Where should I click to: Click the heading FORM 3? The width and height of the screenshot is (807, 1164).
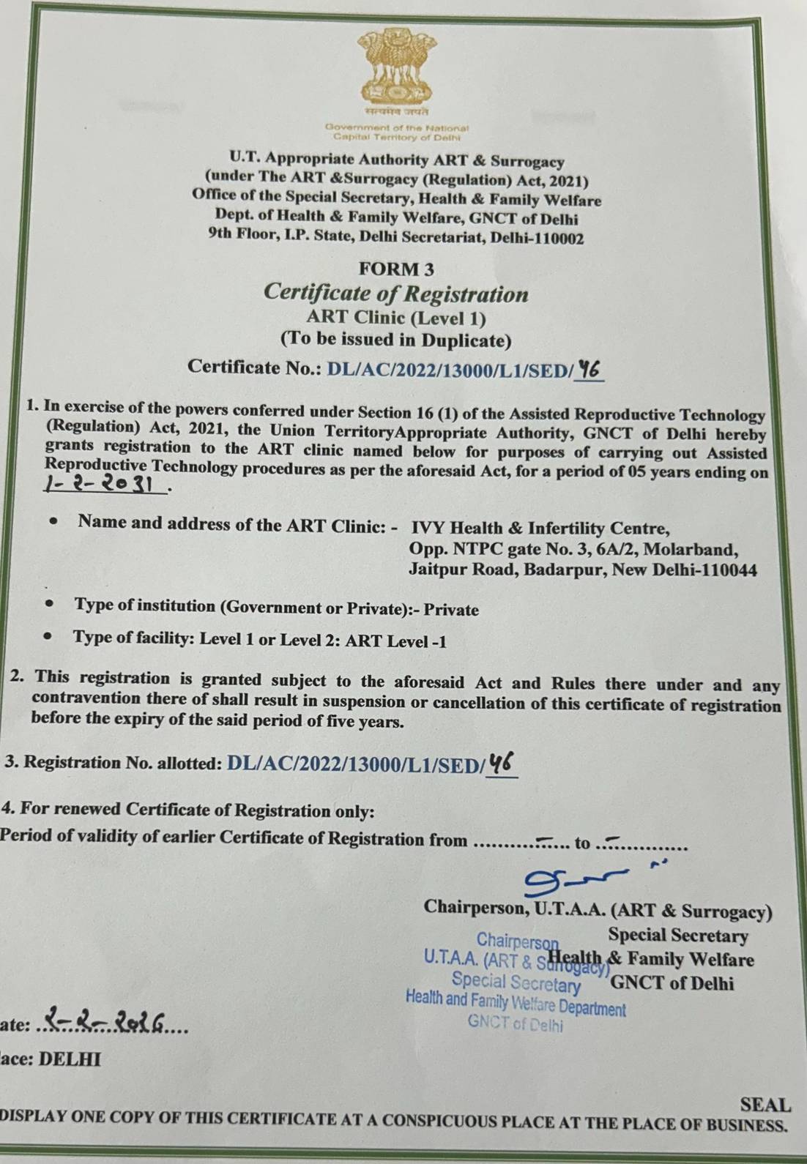(x=396, y=269)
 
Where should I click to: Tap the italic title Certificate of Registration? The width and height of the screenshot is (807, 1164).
(x=395, y=294)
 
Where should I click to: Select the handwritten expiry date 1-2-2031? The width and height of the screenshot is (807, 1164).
(x=105, y=485)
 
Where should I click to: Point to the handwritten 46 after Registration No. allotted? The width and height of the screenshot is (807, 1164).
(x=502, y=764)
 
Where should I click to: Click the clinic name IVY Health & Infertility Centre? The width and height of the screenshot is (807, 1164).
(x=540, y=529)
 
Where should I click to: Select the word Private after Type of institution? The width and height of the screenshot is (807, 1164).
(x=452, y=610)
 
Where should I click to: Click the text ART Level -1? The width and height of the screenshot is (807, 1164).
(x=396, y=642)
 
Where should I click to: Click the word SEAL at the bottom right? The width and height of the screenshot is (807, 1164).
(x=765, y=1105)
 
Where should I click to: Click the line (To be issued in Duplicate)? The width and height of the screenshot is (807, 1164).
(x=395, y=340)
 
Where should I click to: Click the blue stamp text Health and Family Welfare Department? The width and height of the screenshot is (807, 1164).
(x=516, y=1004)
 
